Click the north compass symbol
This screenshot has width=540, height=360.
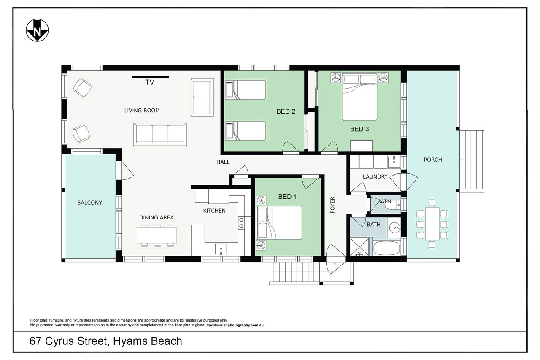coord(37,30)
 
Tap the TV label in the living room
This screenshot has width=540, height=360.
coord(150,82)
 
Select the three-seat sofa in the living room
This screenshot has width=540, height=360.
coord(160,134)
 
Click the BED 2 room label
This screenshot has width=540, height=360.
coord(286,111)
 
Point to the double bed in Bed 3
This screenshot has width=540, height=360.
coord(359,97)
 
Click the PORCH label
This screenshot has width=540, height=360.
coord(433,160)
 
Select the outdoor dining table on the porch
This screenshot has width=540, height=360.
coord(432,224)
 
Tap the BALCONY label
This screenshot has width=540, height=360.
coord(89,203)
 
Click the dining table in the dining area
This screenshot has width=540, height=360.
coord(157,235)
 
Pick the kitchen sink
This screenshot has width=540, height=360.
coord(221,249)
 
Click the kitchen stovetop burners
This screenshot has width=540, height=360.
coord(241,223)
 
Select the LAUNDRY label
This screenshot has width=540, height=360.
coord(375,177)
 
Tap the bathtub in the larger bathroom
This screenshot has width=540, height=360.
coord(386,248)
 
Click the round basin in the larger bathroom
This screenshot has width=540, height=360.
coord(394,227)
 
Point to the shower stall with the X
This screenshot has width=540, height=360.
coord(359,246)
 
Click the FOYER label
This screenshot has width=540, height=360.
coord(332,205)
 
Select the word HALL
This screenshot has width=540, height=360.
coord(223,162)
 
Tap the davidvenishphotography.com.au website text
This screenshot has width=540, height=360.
coord(235,325)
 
